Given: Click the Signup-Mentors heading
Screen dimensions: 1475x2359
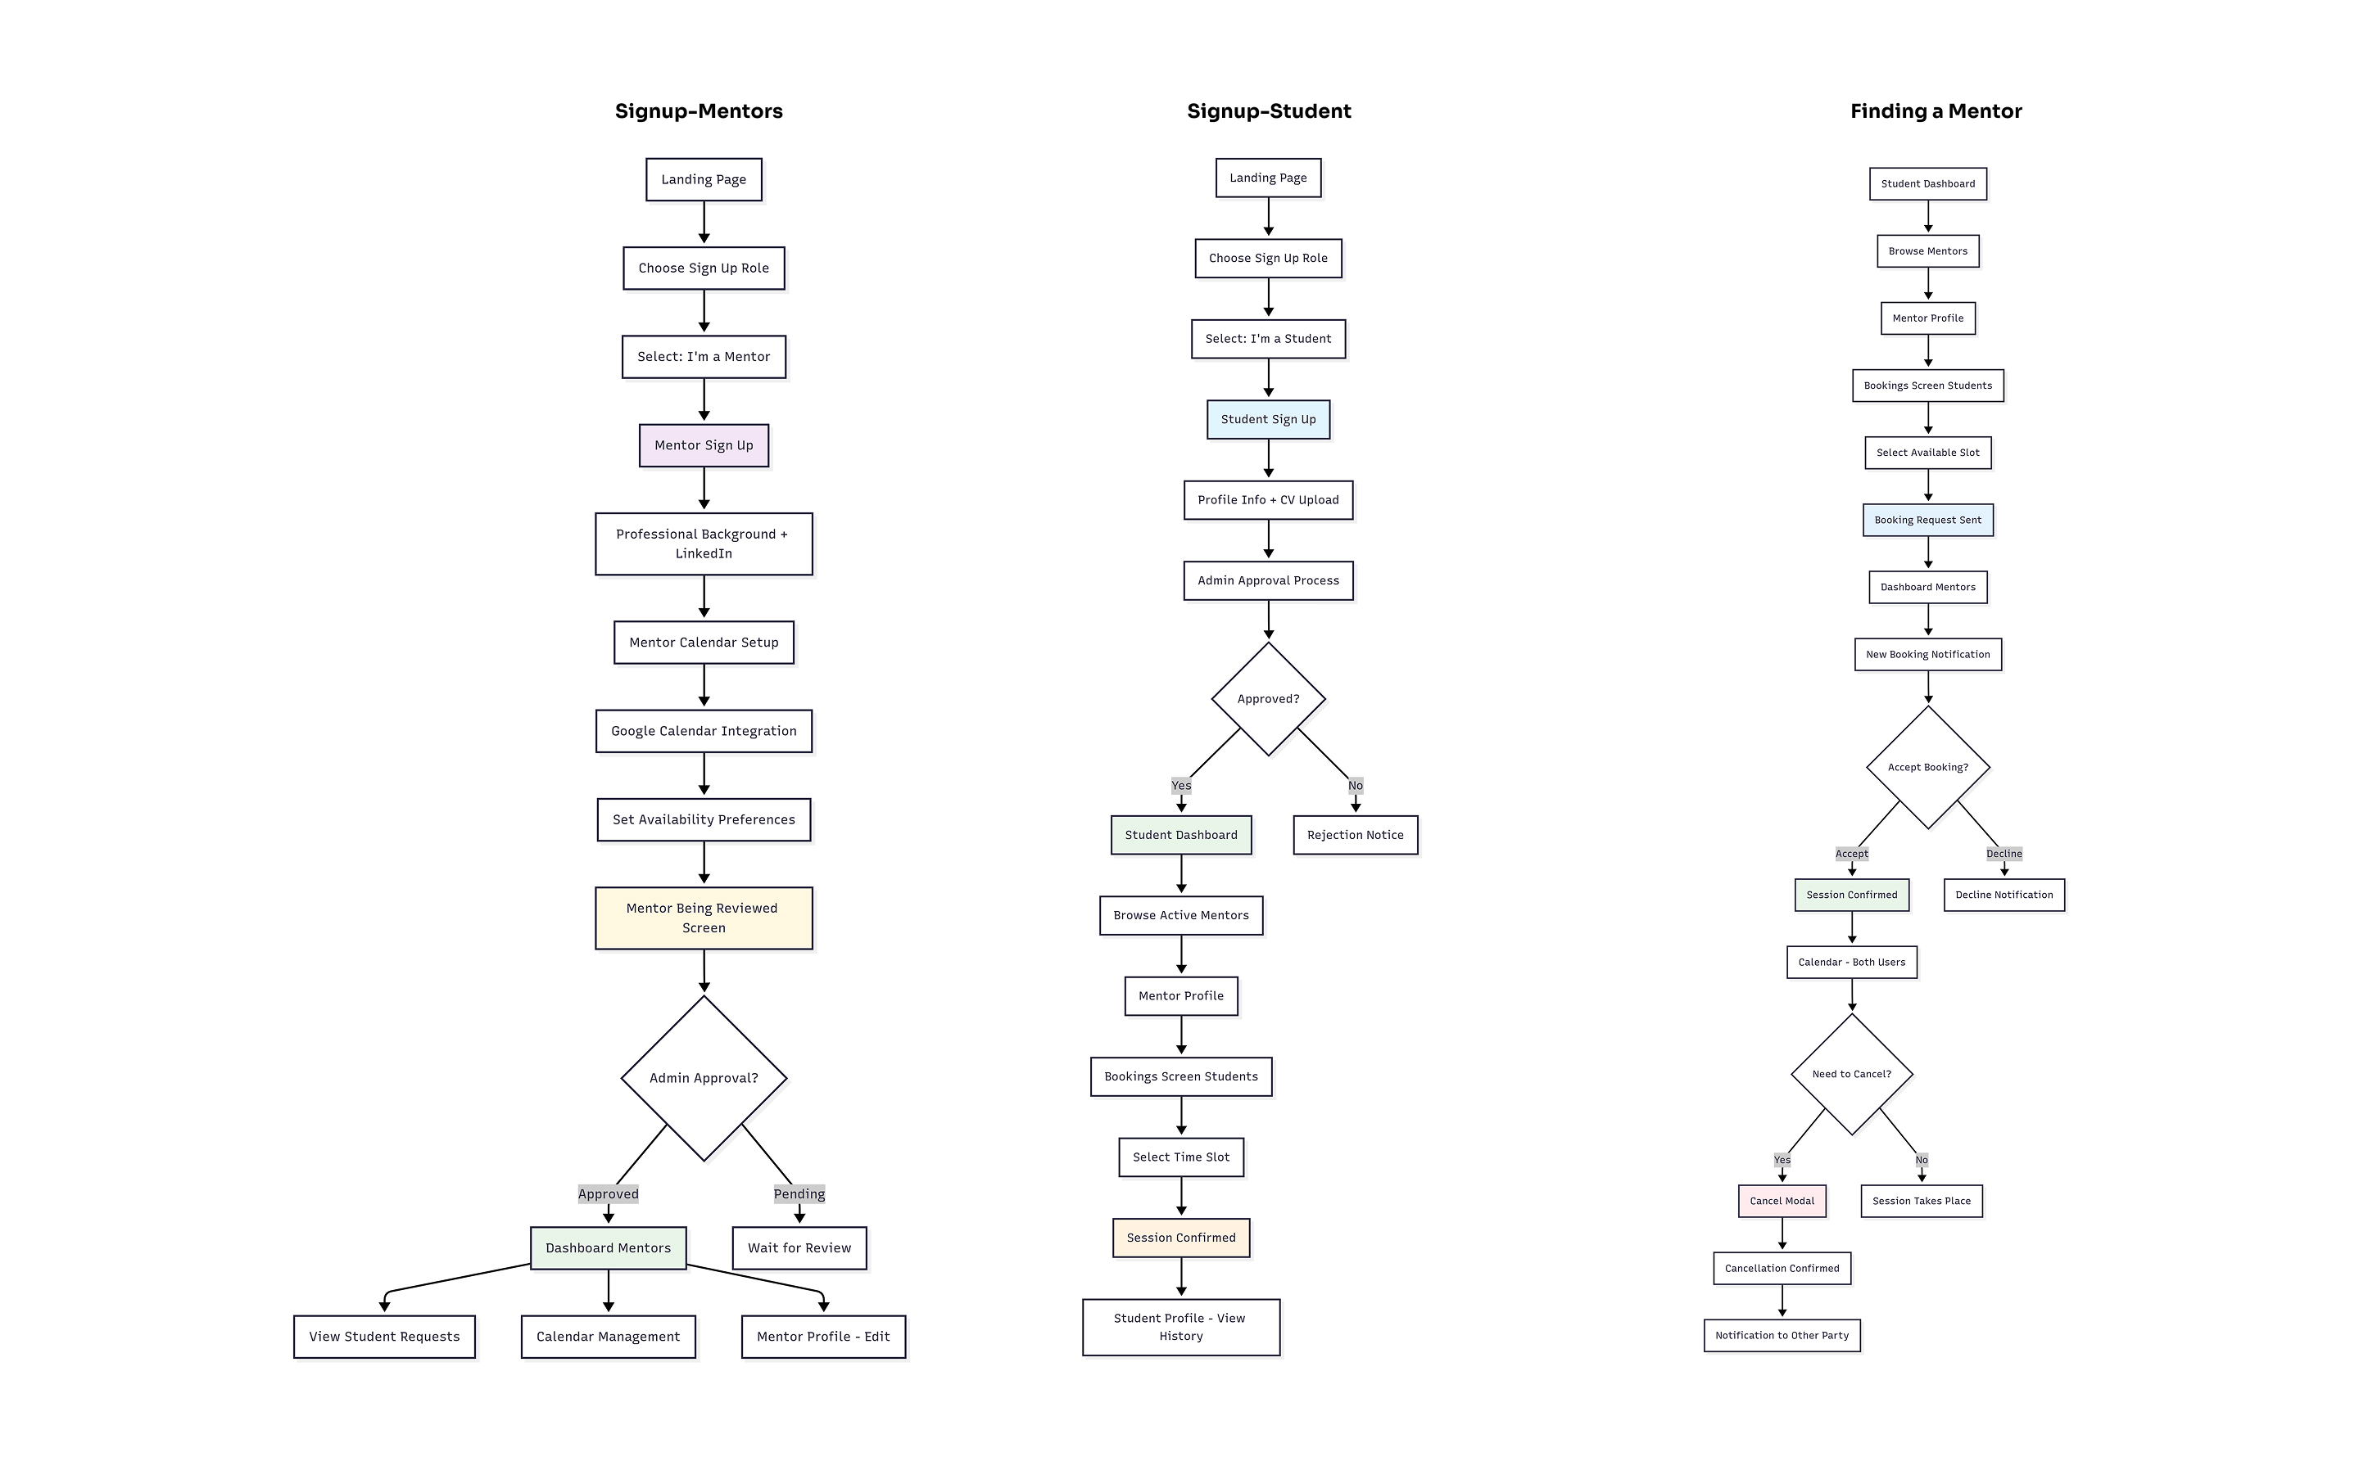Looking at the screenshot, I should click(698, 111).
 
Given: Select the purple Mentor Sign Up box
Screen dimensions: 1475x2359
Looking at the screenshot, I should click(703, 444).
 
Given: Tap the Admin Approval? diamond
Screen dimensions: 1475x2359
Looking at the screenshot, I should click(703, 1077).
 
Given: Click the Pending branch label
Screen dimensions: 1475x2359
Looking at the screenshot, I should click(799, 1193).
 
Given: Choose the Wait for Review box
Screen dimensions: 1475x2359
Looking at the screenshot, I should click(799, 1247).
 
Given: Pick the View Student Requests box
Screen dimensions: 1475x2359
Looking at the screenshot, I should click(383, 1337).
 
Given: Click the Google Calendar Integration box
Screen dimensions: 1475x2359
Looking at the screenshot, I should click(703, 731).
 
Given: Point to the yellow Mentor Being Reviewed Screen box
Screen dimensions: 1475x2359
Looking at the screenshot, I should click(703, 917).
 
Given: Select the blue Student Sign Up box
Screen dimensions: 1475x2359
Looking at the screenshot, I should click(1268, 419).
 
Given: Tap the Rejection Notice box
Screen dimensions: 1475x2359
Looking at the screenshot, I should click(1355, 835).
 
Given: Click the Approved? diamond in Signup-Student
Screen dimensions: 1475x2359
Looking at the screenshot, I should click(1268, 698).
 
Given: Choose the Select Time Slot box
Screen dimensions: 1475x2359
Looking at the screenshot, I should click(1180, 1157).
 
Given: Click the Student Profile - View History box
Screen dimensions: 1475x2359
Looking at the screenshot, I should click(1180, 1327).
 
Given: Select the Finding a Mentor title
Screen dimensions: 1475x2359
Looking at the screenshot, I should click(1936, 111).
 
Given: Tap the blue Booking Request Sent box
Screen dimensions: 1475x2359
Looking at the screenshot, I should click(1927, 520).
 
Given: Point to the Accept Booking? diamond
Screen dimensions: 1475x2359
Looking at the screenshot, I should click(1927, 767).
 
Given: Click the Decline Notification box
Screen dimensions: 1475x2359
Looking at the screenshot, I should click(2003, 895).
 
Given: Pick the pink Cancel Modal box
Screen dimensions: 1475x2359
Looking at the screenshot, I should click(1782, 1201).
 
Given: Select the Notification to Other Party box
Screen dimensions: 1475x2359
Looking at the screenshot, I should click(1782, 1336).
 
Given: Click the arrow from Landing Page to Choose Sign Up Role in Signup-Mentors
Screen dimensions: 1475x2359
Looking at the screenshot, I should click(703, 223).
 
